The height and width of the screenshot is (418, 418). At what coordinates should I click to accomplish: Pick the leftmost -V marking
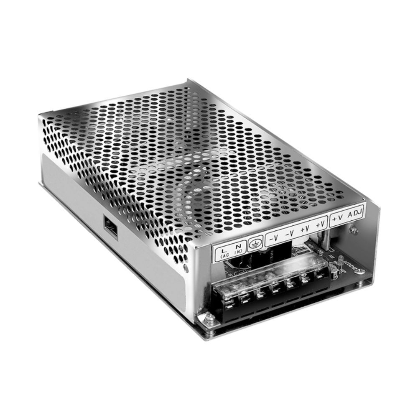coord(274,238)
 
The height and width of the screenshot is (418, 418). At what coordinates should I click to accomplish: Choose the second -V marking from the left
coord(289,234)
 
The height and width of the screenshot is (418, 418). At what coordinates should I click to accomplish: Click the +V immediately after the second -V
coord(305,229)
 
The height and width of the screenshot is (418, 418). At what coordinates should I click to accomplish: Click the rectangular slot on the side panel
coord(110,229)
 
